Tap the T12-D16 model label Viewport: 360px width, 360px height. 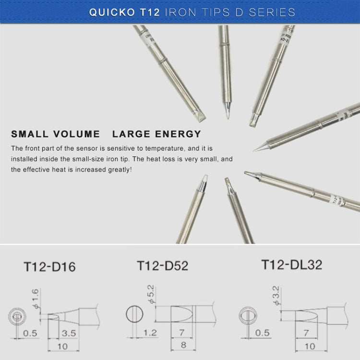(x=50, y=267)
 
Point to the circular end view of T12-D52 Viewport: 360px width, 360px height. (x=134, y=315)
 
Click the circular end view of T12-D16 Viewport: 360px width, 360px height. (x=17, y=316)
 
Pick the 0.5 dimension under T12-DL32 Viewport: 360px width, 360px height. (x=263, y=333)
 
